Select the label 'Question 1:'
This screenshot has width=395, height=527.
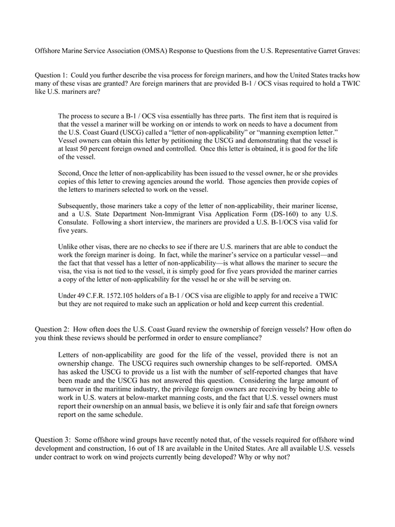click(51, 75)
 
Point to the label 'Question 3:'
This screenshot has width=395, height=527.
click(51, 439)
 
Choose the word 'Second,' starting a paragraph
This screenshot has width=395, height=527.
click(71, 173)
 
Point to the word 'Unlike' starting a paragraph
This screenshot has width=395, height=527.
click(69, 246)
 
